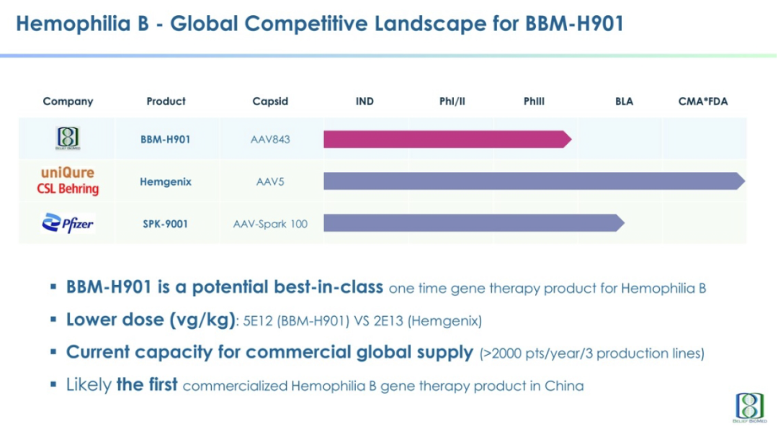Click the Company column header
point(68,101)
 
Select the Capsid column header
point(270,101)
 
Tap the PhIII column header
point(534,101)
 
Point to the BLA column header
point(624,101)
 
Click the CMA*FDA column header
point(703,101)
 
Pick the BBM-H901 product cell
point(166,139)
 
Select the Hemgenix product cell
point(166,182)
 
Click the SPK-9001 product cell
point(166,224)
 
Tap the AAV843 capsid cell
point(270,139)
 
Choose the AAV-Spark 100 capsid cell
point(270,224)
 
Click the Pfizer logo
point(68,223)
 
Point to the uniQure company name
point(68,173)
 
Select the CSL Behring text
point(68,189)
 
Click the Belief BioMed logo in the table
point(68,138)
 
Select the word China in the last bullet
point(565,386)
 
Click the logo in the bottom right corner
point(749,407)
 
